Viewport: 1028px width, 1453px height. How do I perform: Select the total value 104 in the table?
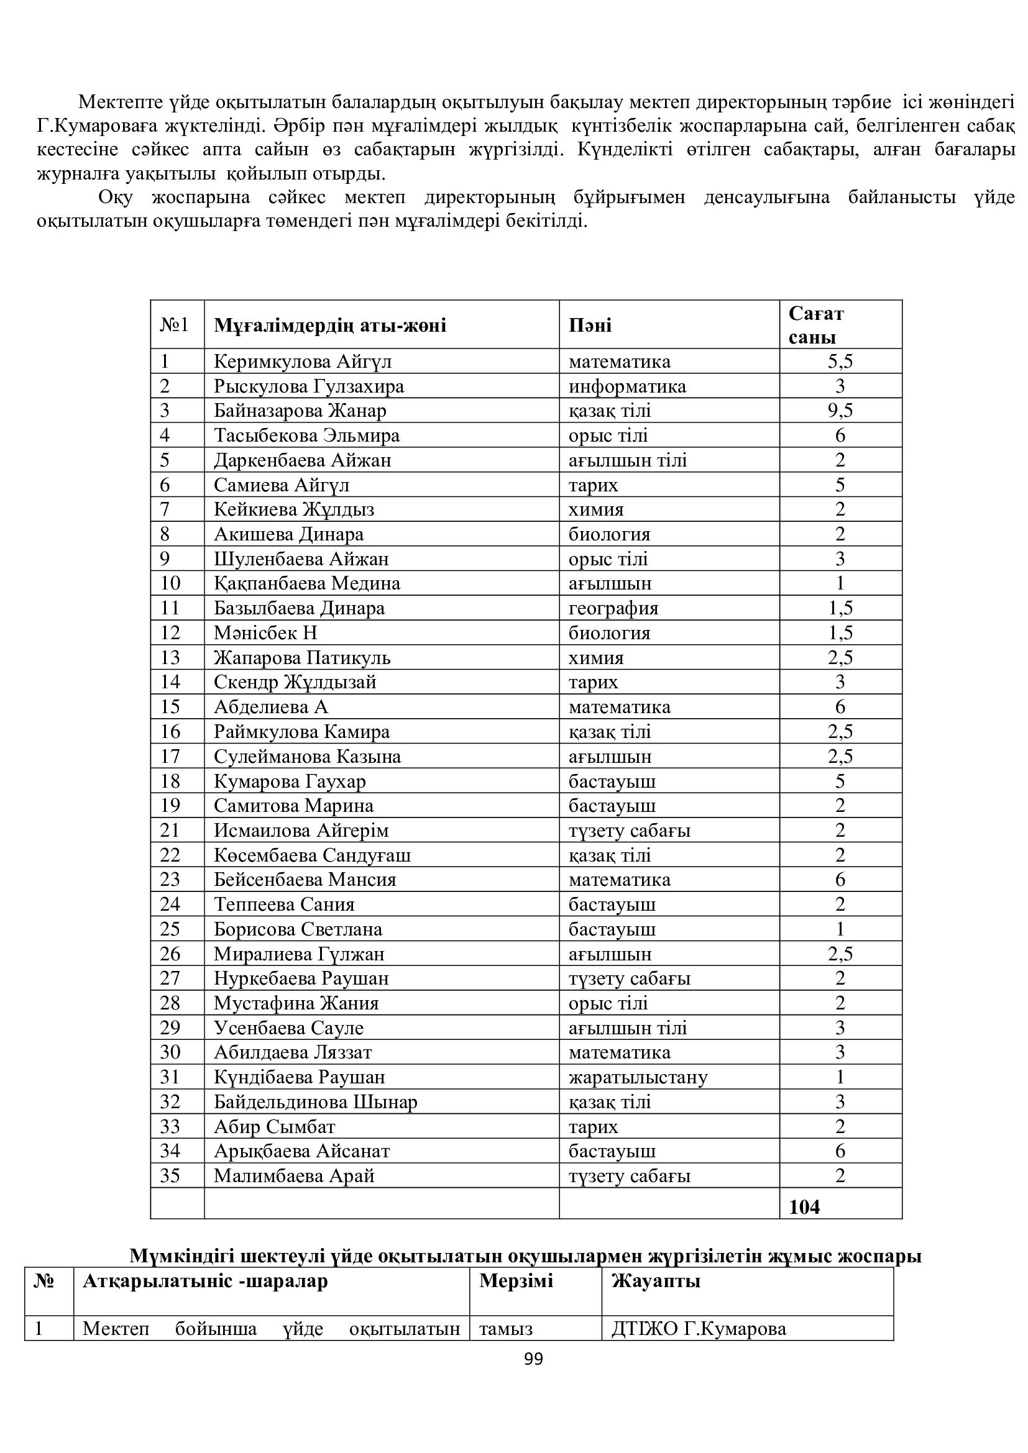point(804,1207)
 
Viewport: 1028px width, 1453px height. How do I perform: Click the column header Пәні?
point(590,326)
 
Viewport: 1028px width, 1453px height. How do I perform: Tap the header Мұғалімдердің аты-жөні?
point(330,326)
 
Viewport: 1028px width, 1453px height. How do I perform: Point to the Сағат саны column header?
point(816,325)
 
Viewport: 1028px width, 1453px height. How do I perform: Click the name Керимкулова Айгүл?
point(303,362)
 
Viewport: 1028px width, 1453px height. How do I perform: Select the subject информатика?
point(626,386)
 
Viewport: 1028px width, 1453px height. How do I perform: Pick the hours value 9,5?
point(840,411)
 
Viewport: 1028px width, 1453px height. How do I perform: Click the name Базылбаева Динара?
point(299,608)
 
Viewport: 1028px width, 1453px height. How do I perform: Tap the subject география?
point(613,608)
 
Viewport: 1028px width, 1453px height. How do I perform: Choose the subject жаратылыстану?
point(638,1077)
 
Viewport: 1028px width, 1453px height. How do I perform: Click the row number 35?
point(170,1176)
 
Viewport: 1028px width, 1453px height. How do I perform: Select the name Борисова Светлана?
point(298,929)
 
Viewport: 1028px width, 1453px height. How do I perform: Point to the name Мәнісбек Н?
point(265,633)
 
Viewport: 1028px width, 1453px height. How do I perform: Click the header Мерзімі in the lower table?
point(516,1281)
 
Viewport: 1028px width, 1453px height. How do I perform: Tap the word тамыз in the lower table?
point(505,1328)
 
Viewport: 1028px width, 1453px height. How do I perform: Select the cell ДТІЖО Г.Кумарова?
point(698,1328)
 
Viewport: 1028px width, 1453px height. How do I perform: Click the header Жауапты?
point(655,1281)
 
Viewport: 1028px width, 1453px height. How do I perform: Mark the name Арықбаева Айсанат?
point(301,1151)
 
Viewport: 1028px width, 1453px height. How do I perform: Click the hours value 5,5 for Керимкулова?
point(840,362)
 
